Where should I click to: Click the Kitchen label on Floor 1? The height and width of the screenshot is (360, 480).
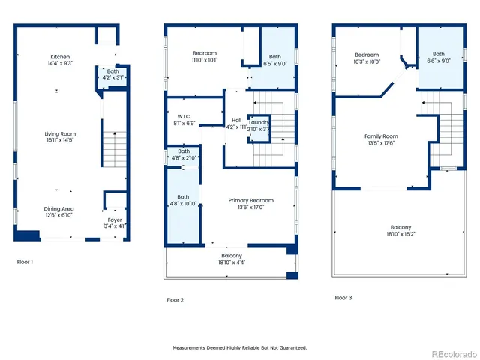[x=60, y=58]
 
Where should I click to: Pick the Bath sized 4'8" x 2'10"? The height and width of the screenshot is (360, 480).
[x=183, y=151]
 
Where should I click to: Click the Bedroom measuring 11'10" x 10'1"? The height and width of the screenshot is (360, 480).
[x=204, y=53]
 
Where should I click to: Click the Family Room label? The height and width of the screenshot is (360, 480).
[x=381, y=136]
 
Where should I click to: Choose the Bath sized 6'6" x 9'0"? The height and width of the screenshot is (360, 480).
[x=438, y=54]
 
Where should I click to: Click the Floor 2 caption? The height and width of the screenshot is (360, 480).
[x=175, y=300]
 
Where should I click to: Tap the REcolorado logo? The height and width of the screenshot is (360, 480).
[x=448, y=352]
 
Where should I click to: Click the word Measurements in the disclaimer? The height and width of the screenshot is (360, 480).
[x=191, y=348]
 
